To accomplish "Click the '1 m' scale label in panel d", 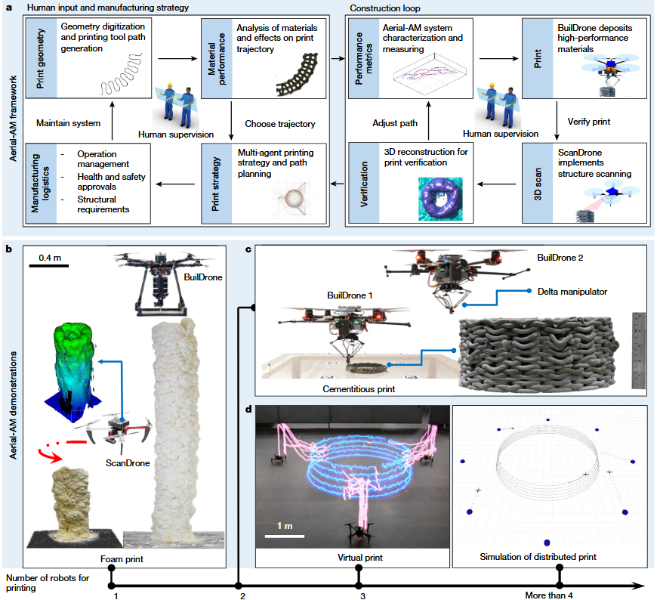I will coord(284,526).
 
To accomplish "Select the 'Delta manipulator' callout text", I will coord(571,291).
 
